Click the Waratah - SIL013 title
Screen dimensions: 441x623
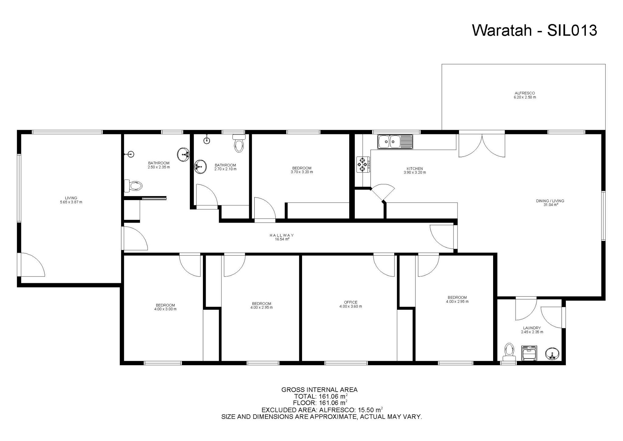(534, 31)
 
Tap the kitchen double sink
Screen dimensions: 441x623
(395, 142)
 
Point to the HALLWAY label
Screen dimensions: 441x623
(281, 235)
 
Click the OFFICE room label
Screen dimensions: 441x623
(350, 302)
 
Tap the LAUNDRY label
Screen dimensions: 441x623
(532, 328)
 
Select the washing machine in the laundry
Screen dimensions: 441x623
(529, 353)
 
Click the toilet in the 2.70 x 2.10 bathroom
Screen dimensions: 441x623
(239, 144)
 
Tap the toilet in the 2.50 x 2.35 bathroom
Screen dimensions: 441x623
(134, 186)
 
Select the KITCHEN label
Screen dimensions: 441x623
(415, 168)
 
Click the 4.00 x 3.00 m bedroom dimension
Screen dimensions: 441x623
(165, 309)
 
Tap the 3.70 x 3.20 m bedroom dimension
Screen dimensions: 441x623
(301, 172)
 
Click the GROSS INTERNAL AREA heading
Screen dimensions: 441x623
(319, 390)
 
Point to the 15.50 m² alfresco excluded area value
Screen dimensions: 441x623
(369, 410)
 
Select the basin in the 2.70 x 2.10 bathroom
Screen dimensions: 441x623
(200, 166)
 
